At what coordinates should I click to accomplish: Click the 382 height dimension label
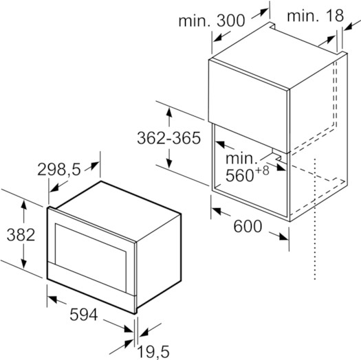[x=21, y=235]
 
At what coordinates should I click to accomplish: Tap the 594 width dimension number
[x=84, y=315]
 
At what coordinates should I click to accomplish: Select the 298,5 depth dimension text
[x=59, y=169]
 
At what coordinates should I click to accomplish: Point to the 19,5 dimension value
[x=153, y=352]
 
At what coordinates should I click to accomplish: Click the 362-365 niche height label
[x=168, y=138]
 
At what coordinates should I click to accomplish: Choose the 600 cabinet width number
[x=248, y=226]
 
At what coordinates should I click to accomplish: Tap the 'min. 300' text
[x=212, y=21]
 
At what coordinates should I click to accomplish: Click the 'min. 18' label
[x=315, y=16]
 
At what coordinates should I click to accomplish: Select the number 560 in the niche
[x=239, y=175]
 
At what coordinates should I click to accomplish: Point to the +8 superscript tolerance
[x=262, y=170]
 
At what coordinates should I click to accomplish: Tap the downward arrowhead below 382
[x=23, y=264]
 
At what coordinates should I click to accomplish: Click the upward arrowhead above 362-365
[x=169, y=112]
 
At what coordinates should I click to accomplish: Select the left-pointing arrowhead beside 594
[x=52, y=299]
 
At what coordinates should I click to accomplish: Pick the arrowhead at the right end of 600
[x=283, y=237]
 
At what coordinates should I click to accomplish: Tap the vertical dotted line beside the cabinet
[x=315, y=218]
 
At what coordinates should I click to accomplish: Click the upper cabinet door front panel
[x=248, y=106]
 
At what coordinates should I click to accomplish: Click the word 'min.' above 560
[x=241, y=158]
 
